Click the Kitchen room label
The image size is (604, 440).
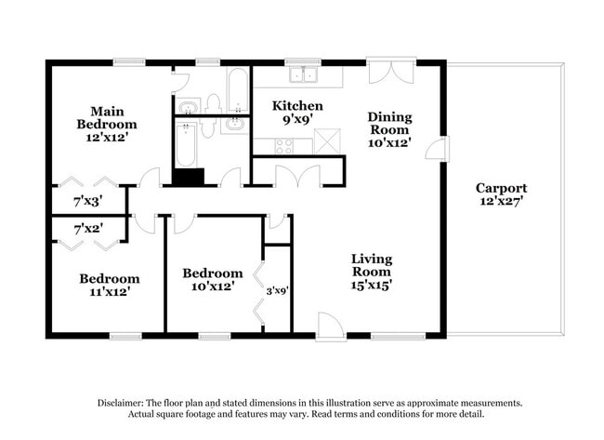click(297, 112)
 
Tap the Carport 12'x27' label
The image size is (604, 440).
click(501, 194)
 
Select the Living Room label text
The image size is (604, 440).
click(372, 272)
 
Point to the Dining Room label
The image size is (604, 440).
click(389, 129)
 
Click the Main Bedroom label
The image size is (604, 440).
click(107, 124)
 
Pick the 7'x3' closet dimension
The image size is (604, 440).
click(88, 201)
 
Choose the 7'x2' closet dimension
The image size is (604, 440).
click(88, 229)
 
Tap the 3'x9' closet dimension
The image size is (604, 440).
click(277, 290)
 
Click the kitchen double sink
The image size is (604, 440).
click(304, 74)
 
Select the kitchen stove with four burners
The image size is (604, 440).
click(283, 146)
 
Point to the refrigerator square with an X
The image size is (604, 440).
click(327, 141)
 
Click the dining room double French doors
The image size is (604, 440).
click(391, 71)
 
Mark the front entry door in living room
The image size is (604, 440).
click(330, 327)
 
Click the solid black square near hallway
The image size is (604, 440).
click(188, 177)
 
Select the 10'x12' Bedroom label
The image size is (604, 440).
click(213, 279)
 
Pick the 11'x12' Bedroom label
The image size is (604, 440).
click(110, 285)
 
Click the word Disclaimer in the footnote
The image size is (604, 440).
click(120, 403)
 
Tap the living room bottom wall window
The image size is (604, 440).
click(398, 336)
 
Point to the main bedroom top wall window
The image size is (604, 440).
click(129, 62)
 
